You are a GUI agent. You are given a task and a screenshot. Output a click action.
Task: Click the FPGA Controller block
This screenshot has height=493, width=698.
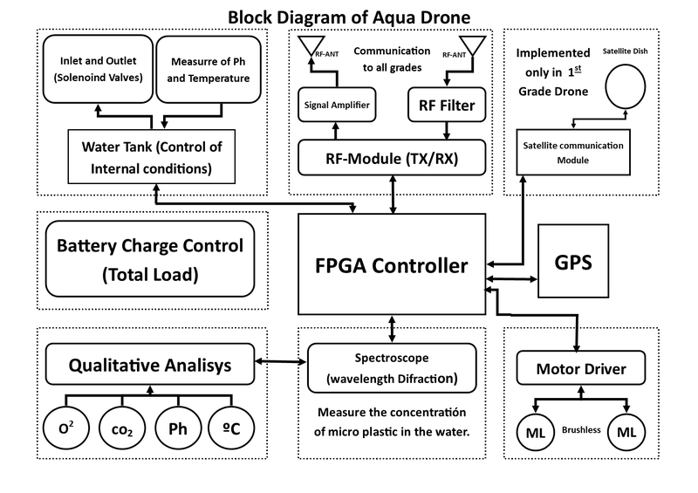coord(391,265)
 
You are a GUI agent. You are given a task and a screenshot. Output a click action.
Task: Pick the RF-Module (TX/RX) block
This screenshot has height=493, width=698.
coord(391,158)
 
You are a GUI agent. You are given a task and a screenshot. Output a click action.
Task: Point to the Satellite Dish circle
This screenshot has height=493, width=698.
coord(625,85)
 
